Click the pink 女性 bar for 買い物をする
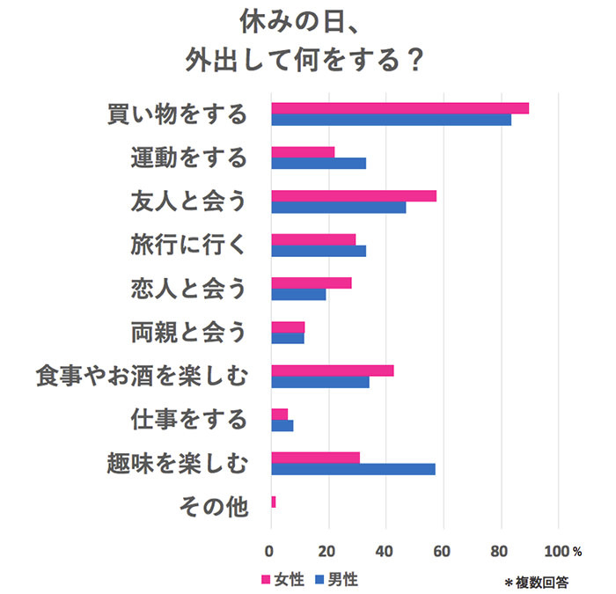coord(400,108)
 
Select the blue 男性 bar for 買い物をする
coord(391,120)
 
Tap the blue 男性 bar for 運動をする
coord(318,163)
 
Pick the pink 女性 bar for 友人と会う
coord(353,195)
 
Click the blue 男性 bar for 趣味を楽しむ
coord(353,468)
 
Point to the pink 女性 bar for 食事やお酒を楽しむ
coord(332,370)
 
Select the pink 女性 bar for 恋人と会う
coord(311,282)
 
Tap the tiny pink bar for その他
coord(273,502)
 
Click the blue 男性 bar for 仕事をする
coord(282,426)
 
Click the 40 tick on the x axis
coord(385,552)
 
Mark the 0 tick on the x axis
coord(271,552)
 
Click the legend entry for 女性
coord(282,579)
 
